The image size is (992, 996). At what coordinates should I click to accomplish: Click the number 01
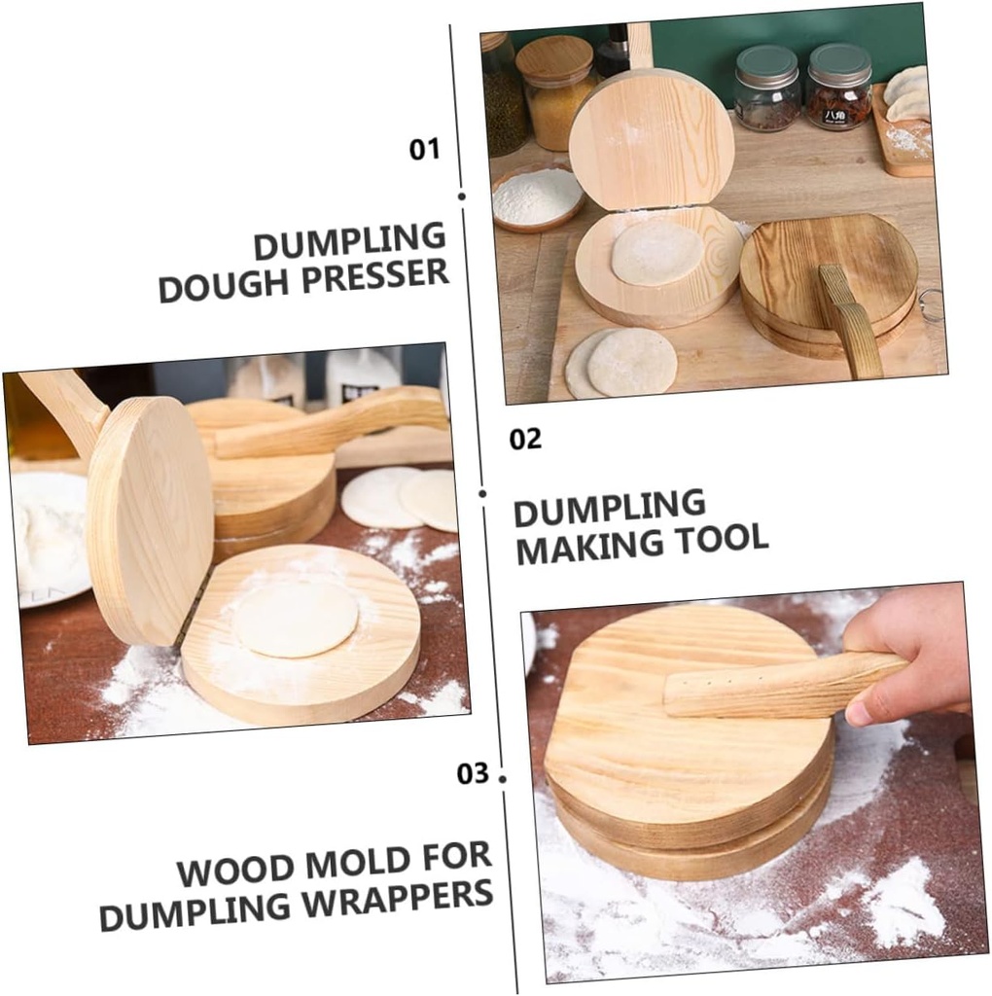click(424, 150)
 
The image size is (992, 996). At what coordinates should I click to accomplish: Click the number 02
click(525, 440)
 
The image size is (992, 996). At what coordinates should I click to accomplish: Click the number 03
click(473, 774)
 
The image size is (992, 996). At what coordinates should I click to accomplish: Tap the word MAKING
click(575, 547)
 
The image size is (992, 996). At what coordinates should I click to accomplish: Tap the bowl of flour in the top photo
click(537, 196)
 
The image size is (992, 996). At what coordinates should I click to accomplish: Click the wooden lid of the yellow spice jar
click(554, 60)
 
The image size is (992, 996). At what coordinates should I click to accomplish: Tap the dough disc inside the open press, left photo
click(297, 619)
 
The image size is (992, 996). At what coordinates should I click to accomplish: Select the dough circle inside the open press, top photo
click(656, 252)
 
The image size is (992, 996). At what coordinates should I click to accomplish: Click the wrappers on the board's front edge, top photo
click(622, 362)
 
